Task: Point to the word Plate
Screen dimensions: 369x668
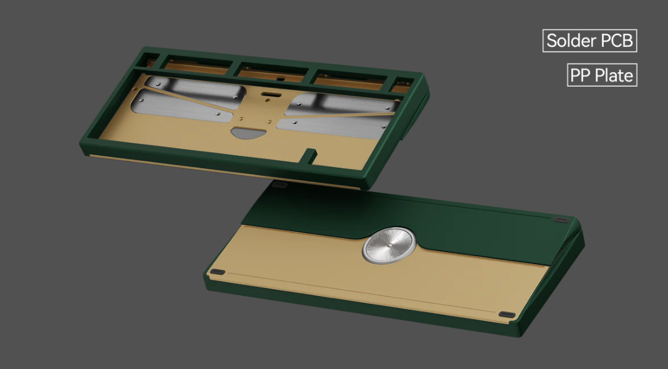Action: pyautogui.click(x=614, y=76)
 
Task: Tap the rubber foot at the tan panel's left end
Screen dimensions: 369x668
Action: pyautogui.click(x=217, y=272)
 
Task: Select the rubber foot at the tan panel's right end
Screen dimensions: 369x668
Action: pyautogui.click(x=507, y=314)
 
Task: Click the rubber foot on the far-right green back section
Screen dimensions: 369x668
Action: pyautogui.click(x=561, y=220)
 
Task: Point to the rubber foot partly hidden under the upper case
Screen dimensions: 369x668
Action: pyautogui.click(x=279, y=184)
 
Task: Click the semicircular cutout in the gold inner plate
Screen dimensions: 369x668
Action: pyautogui.click(x=246, y=132)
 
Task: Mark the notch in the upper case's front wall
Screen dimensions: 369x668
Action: pyautogui.click(x=309, y=153)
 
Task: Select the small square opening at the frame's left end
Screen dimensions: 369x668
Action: pyautogui.click(x=149, y=60)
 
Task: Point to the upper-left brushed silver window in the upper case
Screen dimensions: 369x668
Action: pyautogui.click(x=187, y=87)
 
